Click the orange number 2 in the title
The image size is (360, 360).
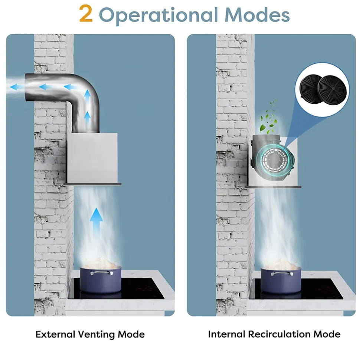click(86, 14)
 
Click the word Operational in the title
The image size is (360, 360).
click(158, 15)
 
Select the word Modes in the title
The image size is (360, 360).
click(257, 14)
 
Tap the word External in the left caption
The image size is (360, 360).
click(55, 334)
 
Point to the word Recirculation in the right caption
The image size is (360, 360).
click(279, 334)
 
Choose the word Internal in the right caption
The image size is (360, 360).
click(227, 334)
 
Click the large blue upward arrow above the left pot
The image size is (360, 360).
click(96, 220)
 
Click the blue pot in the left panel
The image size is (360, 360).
click(101, 280)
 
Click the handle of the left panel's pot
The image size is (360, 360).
click(101, 273)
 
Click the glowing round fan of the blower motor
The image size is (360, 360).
click(274, 158)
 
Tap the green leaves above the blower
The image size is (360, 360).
click(268, 117)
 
